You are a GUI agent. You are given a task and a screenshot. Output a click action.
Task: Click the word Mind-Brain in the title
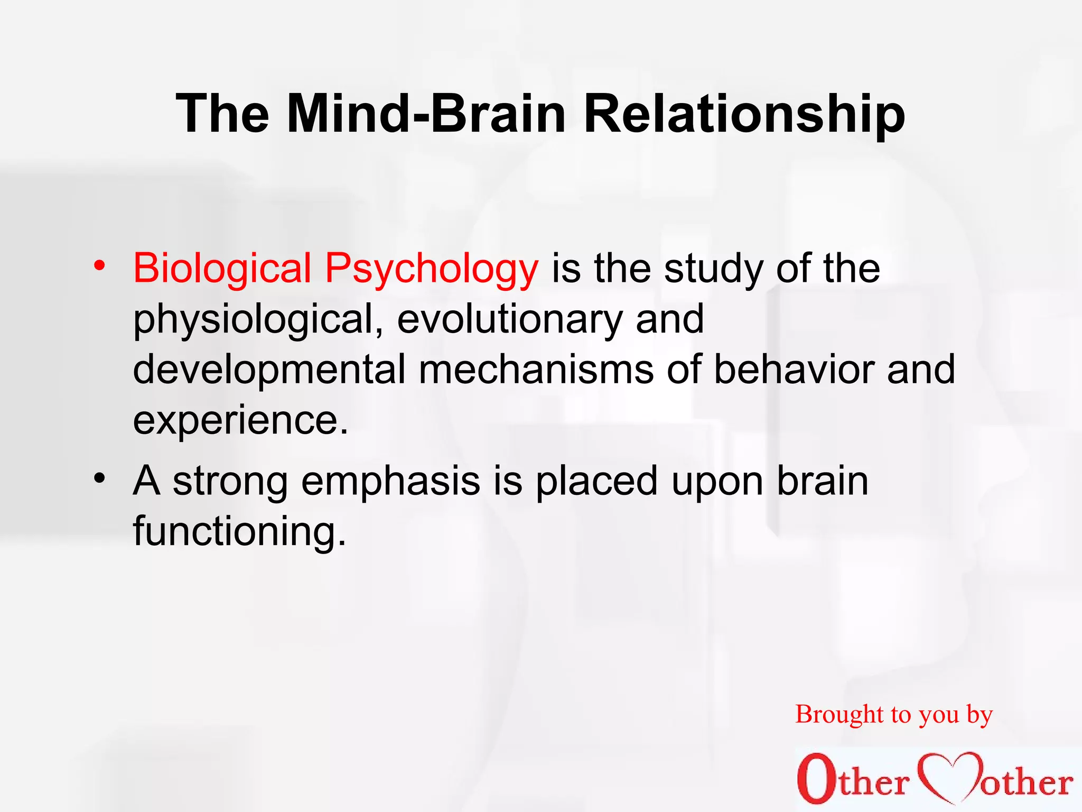point(426,114)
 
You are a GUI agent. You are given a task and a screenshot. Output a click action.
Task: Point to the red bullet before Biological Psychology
point(98,265)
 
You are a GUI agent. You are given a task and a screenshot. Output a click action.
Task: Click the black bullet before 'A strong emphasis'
point(98,479)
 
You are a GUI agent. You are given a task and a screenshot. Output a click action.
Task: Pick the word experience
point(240,420)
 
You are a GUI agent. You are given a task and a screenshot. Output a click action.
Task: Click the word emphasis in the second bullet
point(390,482)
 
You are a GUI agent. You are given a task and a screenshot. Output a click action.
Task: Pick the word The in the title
point(222,114)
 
